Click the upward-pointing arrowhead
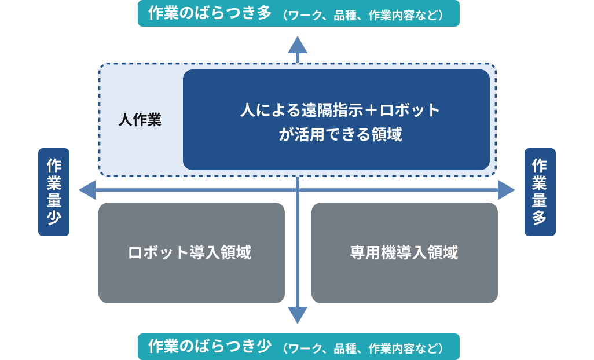(x=298, y=45)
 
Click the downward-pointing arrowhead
(x=298, y=315)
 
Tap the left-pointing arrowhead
(x=87, y=190)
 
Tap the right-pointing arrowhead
(x=507, y=190)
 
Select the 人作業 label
(x=140, y=120)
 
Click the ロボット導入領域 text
(x=190, y=252)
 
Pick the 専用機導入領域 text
(x=404, y=252)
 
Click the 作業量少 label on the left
(x=54, y=192)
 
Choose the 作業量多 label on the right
(x=540, y=192)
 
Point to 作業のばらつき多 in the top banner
(x=210, y=13)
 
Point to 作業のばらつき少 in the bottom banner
(x=210, y=346)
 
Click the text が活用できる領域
(x=340, y=134)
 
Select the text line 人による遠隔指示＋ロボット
(x=340, y=110)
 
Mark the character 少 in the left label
(x=54, y=218)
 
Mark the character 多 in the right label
(x=540, y=218)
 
